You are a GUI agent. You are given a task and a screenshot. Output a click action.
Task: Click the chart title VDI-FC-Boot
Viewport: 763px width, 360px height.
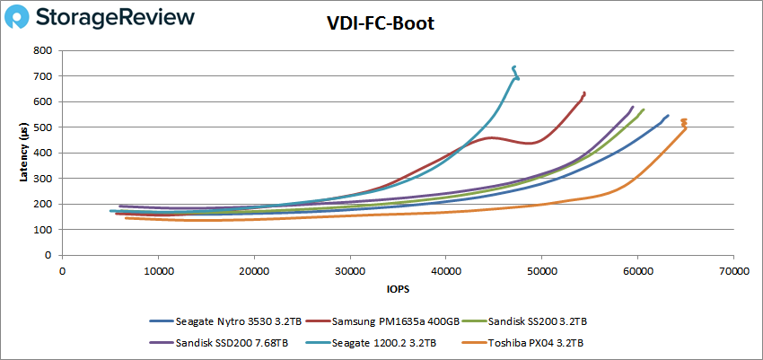point(381,23)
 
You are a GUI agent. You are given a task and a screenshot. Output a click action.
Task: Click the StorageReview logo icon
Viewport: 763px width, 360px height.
point(22,17)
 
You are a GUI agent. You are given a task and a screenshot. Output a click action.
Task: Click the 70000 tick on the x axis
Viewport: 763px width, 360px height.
point(733,270)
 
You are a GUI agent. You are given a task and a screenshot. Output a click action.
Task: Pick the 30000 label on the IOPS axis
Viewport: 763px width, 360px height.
point(350,270)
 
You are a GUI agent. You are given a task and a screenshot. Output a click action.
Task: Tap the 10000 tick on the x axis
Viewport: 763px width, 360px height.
point(158,270)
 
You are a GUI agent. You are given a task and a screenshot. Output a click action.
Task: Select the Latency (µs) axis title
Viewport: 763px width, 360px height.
point(23,153)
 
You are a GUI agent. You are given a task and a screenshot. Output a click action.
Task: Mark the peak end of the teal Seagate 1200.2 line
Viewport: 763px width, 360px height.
point(513,67)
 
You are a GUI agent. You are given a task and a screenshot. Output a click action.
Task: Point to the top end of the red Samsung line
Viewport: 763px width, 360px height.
point(584,92)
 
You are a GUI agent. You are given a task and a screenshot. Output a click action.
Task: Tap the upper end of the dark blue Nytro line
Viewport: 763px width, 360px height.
point(668,115)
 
